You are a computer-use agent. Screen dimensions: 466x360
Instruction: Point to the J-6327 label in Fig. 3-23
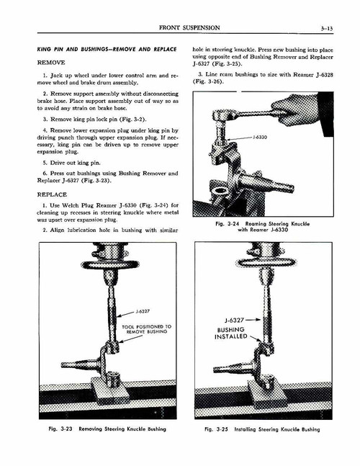tap(141, 312)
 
